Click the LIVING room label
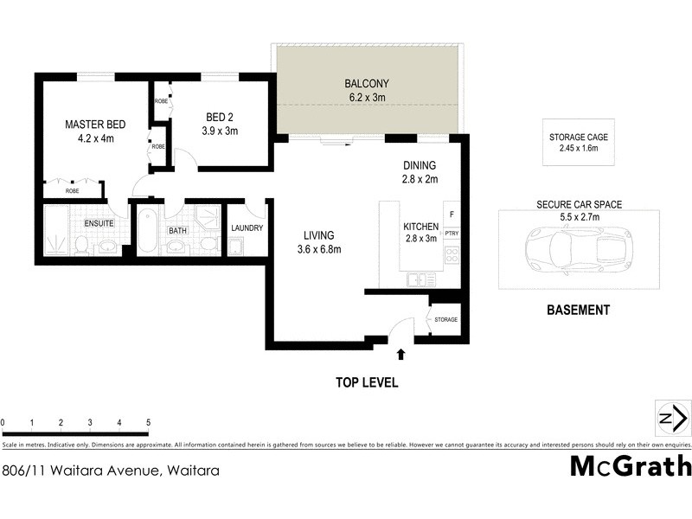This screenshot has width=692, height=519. (x=319, y=234)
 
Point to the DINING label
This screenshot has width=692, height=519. (x=420, y=165)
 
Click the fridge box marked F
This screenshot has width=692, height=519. (x=451, y=213)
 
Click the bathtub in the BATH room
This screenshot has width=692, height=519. (x=146, y=232)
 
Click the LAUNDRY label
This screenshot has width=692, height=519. (x=246, y=228)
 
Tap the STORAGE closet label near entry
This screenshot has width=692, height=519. (x=445, y=319)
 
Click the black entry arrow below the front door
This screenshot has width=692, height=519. (x=400, y=353)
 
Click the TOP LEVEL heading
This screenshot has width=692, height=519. (x=368, y=382)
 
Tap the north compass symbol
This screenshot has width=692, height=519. (x=672, y=419)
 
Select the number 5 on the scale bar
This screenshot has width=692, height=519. (x=149, y=422)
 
